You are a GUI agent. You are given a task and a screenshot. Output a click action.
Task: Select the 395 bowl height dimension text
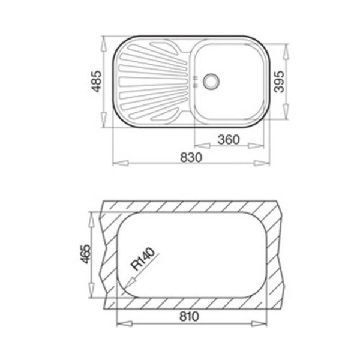pos(279,80)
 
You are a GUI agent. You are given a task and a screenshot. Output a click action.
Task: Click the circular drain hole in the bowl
pos(211,80)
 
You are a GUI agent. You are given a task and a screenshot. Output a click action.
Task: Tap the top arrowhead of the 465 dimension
pos(91,214)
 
